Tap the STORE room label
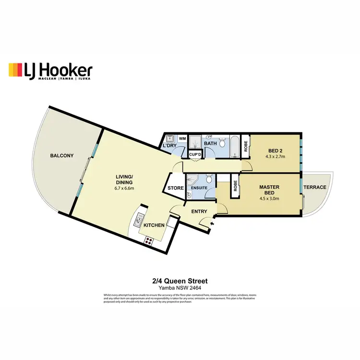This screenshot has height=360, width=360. tap(176, 188)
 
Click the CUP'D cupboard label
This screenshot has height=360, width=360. tap(195, 154)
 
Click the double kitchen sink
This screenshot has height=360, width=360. tap(138, 221)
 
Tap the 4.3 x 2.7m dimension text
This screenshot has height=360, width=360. tap(275, 156)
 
